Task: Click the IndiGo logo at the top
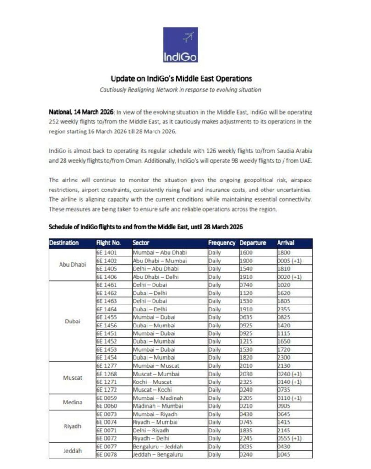point(180,45)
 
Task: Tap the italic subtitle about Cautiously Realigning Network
point(180,90)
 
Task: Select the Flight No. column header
point(108,243)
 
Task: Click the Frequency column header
point(222,243)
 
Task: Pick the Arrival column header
point(286,243)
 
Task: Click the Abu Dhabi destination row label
point(72,264)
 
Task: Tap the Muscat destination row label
point(72,378)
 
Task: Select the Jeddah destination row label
point(72,450)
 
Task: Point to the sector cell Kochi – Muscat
point(153,382)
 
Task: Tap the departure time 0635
point(246,317)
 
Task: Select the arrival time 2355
point(284,309)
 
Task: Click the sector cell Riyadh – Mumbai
point(155,422)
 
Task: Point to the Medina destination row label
point(72,402)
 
